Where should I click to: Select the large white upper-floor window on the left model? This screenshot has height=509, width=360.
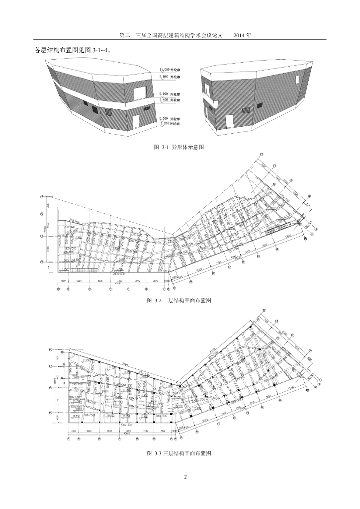140,91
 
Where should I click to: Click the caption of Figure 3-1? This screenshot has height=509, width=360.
180,147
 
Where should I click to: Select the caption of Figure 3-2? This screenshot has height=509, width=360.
180,301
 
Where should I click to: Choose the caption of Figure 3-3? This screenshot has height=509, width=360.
180,453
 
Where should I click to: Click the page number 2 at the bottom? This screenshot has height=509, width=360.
185,478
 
